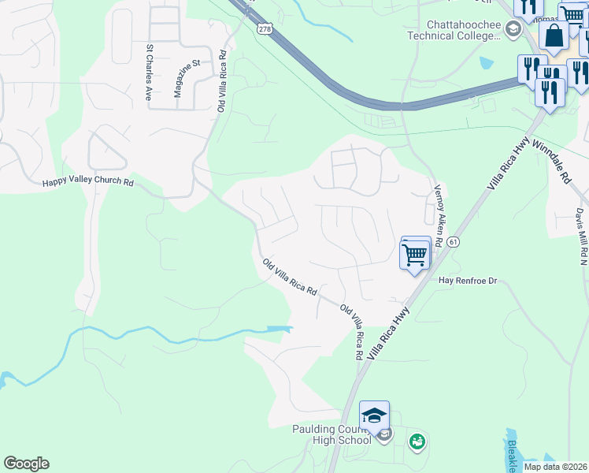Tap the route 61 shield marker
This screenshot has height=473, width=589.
453,244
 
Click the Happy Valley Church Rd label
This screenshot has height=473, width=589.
88,182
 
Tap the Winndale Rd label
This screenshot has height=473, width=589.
550,161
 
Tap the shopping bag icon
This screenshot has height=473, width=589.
554,35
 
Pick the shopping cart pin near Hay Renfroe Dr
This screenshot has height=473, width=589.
415,254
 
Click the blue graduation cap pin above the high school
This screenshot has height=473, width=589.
375,415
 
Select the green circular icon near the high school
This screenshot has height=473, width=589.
416,441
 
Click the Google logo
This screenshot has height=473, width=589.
26,464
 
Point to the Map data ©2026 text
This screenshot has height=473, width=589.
555,467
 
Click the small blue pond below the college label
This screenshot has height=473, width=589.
486,62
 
